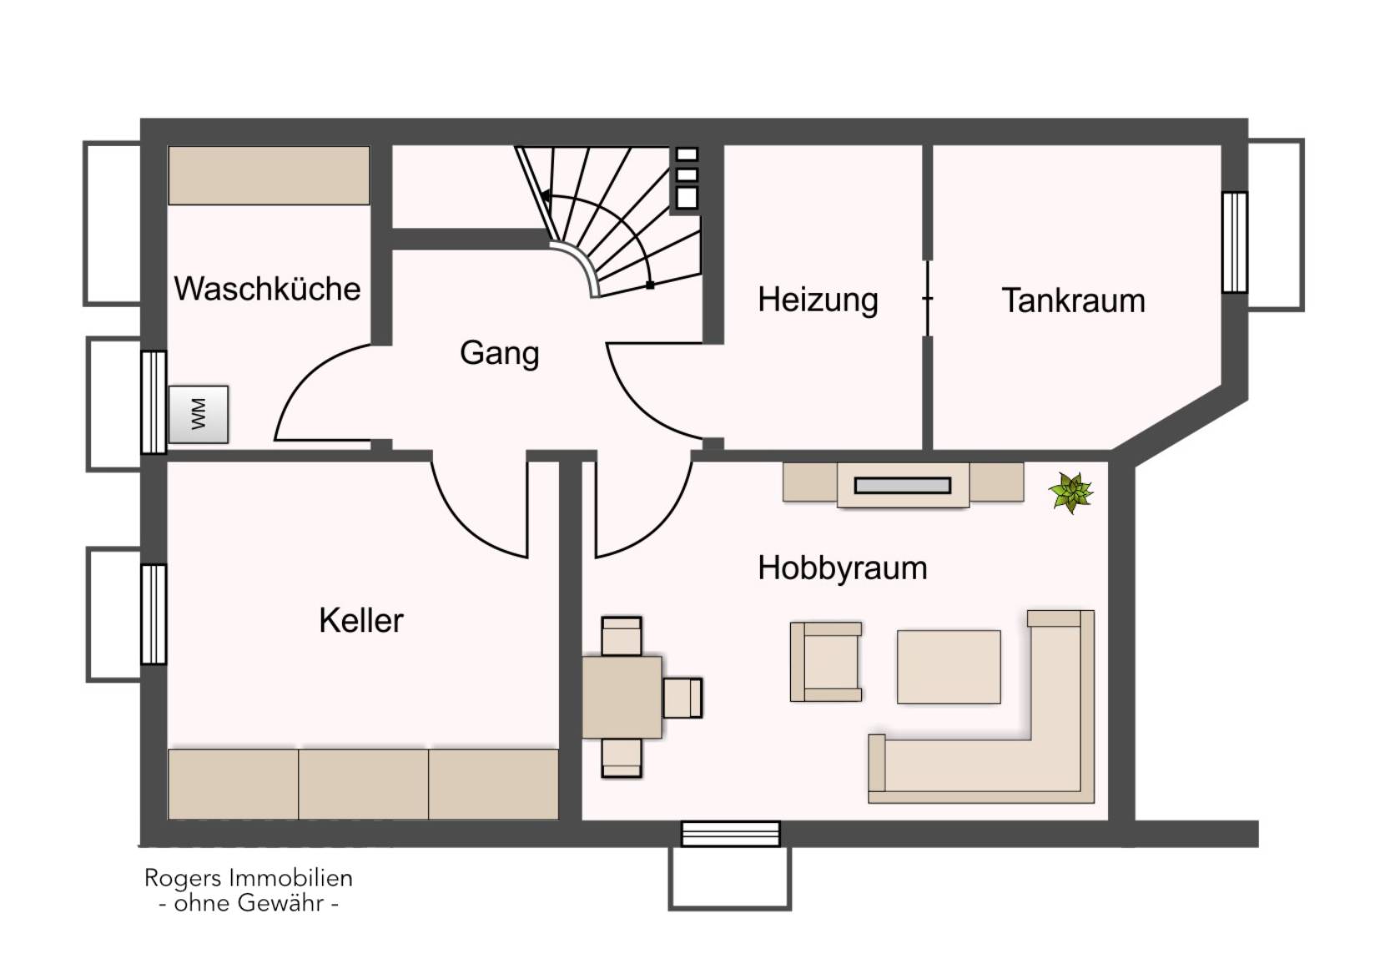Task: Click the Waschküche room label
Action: click(x=267, y=289)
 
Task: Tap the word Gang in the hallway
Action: click(x=500, y=355)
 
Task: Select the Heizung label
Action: click(x=818, y=300)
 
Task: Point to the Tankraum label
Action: click(x=1073, y=300)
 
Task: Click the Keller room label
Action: click(x=361, y=620)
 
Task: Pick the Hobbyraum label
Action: click(x=843, y=568)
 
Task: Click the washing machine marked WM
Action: click(x=199, y=414)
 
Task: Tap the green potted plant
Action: click(x=1071, y=492)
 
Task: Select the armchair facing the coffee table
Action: click(x=826, y=662)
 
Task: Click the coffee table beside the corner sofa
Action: click(x=949, y=667)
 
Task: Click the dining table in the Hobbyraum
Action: click(x=622, y=697)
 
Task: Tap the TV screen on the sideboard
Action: click(x=903, y=486)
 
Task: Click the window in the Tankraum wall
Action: click(x=1235, y=242)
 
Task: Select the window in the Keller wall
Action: click(x=154, y=614)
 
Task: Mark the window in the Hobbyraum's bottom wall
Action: click(x=730, y=834)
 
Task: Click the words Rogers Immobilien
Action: click(x=249, y=878)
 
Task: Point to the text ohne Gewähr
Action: click(x=249, y=904)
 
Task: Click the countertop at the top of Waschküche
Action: click(x=269, y=175)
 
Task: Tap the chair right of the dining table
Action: click(x=682, y=698)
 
